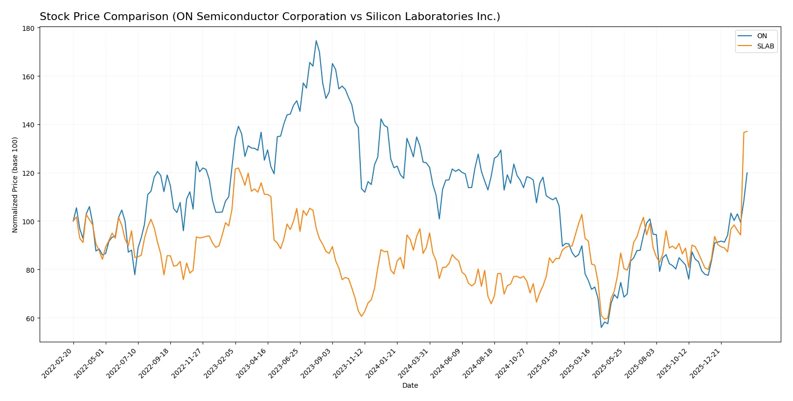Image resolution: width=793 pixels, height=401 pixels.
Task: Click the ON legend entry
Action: coord(762,36)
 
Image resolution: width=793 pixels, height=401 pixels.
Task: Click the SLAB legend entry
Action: coord(765,46)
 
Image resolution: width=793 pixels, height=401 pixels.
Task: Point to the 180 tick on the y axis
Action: coord(29,28)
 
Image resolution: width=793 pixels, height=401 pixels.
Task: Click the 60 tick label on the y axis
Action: coord(30,318)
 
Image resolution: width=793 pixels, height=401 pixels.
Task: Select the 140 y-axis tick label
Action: coord(29,125)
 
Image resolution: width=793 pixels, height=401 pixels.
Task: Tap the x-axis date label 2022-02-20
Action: coord(58,363)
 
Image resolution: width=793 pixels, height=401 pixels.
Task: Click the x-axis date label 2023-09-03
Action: coord(317,363)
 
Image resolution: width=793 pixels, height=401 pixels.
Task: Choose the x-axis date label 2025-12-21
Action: coord(705,363)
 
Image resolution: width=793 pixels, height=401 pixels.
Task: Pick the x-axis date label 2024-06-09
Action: coord(446,363)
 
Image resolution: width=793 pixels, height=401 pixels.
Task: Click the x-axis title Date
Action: coord(410,385)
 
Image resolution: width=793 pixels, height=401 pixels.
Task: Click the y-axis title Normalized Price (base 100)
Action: coord(15,185)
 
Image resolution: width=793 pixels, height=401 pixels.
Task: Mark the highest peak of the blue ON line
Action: coord(316,41)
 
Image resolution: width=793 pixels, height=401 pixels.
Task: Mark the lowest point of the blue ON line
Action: coord(601,327)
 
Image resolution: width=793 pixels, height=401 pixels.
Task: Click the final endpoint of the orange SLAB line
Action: coord(747,131)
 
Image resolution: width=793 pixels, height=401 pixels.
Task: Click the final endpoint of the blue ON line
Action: coord(747,173)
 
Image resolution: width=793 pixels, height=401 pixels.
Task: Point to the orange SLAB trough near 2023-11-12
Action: coord(362,316)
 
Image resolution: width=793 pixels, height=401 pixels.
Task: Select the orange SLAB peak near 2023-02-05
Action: coord(238,168)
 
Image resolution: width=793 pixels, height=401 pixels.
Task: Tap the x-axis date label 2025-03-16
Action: coord(576,363)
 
